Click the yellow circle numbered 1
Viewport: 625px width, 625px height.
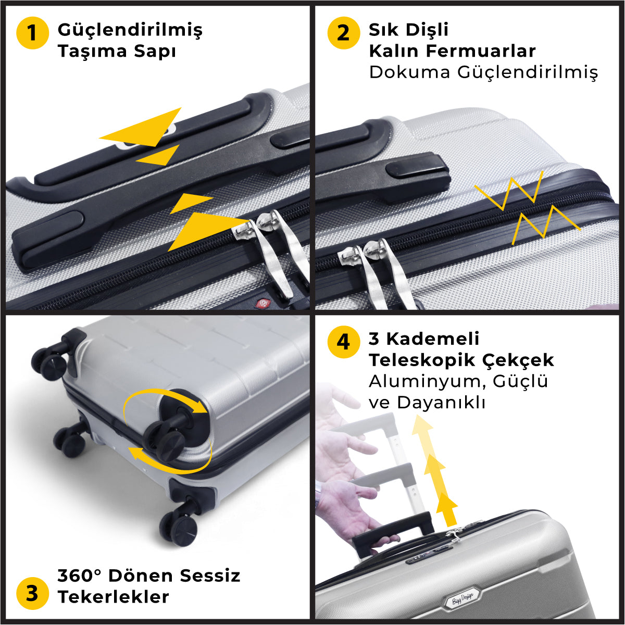click(x=32, y=33)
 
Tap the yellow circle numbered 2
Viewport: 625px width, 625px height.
click(x=343, y=33)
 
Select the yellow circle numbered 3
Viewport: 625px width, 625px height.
click(x=32, y=593)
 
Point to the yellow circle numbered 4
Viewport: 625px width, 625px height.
click(x=343, y=342)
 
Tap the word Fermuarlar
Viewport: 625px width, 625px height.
click(x=481, y=51)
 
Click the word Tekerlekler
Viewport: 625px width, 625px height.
click(x=114, y=597)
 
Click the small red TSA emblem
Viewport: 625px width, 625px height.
click(x=263, y=303)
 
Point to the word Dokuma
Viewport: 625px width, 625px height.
click(x=410, y=72)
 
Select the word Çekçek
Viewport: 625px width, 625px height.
click(x=518, y=360)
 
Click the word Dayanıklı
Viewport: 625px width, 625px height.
click(x=441, y=403)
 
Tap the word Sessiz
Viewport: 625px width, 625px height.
click(x=210, y=576)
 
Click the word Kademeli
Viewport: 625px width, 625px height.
click(x=433, y=339)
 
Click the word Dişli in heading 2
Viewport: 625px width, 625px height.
click(x=427, y=30)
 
